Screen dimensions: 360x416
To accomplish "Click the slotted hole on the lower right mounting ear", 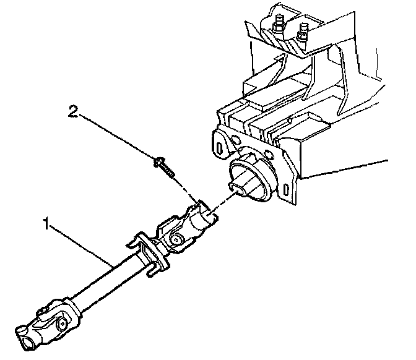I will pos(285,187).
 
